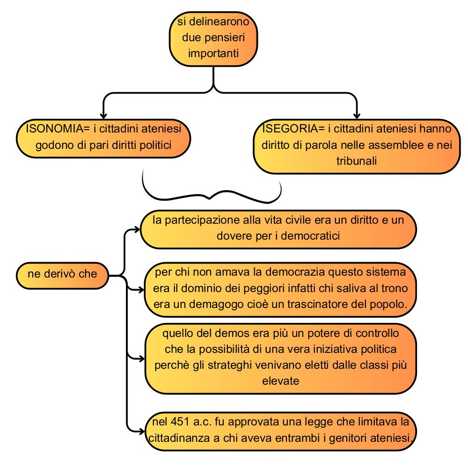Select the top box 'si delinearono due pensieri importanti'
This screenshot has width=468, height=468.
213,39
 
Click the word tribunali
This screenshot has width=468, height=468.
356,161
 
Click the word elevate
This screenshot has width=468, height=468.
280,381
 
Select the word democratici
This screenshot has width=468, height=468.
310,236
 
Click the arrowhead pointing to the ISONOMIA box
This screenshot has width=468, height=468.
103,116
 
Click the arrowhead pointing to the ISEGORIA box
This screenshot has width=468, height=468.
357,116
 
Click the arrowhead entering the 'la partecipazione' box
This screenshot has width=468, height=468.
137,229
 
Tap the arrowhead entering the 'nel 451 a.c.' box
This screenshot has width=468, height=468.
141,431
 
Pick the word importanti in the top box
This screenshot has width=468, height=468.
213,53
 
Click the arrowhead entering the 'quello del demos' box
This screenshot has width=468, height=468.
141,358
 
